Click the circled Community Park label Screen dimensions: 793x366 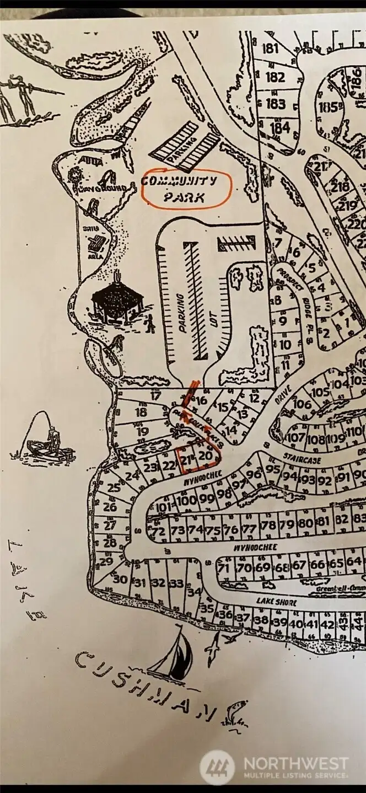point(185,189)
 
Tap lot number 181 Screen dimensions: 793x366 point(271,49)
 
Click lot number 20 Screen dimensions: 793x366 point(205,456)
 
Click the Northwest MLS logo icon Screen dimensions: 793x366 point(217,767)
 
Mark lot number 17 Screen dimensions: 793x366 point(156,395)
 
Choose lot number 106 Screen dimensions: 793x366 point(302,404)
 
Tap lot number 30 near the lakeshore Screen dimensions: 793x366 point(120,580)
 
